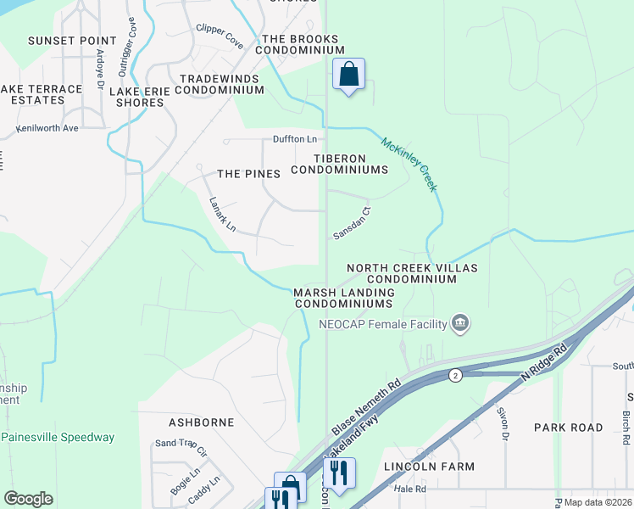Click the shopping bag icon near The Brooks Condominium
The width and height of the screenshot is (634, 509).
coord(348,74)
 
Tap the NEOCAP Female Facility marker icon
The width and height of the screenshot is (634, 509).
coord(460,322)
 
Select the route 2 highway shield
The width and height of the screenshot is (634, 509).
coord(455,375)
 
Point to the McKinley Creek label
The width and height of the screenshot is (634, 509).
coord(409,164)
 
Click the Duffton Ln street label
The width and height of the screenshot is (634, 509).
coord(294,138)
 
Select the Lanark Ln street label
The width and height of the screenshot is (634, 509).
coord(223,215)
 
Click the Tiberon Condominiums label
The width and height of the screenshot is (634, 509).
coord(339,164)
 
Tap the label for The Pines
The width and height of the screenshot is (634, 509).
coord(248,174)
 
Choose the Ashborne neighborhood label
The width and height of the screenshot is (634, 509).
coord(197,422)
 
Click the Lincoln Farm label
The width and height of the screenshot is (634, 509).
coord(429,467)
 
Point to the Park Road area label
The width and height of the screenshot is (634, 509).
coord(570,427)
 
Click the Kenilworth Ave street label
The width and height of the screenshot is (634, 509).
coord(47,128)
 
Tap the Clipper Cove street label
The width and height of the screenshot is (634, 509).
coord(220,35)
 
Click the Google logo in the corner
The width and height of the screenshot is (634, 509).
coord(28,499)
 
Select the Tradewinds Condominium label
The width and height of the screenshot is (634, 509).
coord(221,84)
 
